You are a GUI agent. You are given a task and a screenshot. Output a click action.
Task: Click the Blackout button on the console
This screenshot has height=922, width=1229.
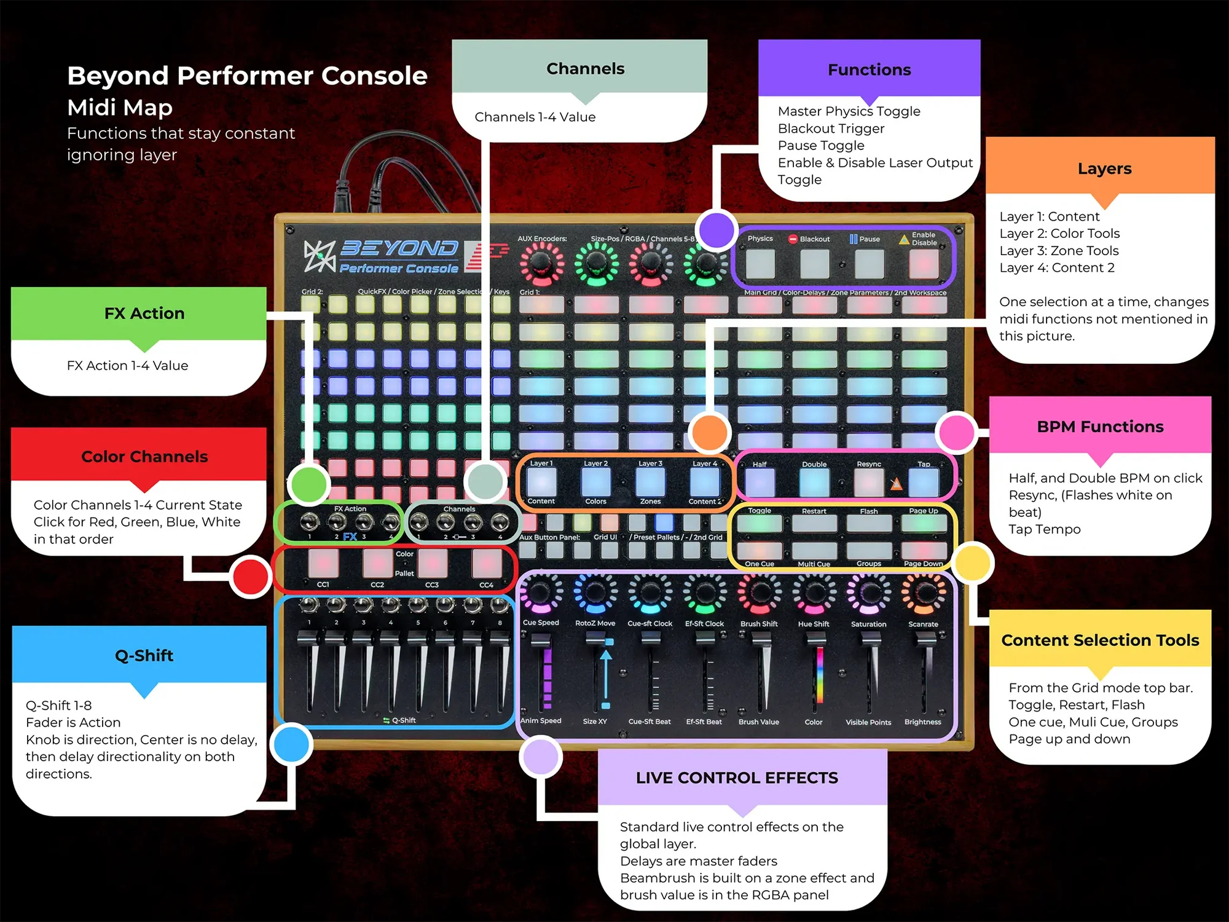pos(815,264)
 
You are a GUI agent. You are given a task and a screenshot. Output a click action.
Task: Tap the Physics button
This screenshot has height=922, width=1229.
pos(760,264)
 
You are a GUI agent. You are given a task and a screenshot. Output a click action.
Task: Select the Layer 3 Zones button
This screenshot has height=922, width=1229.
pos(650,483)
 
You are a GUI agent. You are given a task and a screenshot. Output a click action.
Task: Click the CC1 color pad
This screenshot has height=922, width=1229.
pos(323,562)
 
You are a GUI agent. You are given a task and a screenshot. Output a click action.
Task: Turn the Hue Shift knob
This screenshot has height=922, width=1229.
pos(814,594)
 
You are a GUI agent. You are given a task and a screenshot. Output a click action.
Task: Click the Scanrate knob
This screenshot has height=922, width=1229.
pos(923,594)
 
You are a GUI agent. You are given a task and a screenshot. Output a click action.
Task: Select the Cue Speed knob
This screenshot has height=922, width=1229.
pos(541,594)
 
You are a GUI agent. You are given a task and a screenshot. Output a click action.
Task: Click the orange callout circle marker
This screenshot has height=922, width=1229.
pos(710,432)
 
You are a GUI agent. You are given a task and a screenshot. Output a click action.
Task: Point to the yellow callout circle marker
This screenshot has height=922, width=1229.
pos(973,562)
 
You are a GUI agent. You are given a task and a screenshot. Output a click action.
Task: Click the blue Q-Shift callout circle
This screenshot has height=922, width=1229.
pos(291,744)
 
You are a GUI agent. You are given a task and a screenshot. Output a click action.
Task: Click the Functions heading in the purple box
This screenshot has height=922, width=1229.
pos(869,69)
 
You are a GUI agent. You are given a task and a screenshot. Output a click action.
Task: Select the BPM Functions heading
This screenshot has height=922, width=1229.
pos(1100,427)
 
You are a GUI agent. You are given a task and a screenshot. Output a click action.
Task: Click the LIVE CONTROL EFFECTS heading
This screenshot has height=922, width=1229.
pos(737,778)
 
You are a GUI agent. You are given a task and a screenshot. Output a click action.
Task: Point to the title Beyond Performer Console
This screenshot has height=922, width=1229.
pos(247,76)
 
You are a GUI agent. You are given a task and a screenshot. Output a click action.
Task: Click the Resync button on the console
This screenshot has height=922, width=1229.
pos(869,483)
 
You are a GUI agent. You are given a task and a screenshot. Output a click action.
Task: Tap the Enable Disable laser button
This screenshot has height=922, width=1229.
pos(924,264)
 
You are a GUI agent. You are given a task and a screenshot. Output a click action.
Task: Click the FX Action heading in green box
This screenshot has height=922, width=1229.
pos(144,313)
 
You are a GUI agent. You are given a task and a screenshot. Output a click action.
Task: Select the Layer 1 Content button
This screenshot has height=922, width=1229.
pos(541,483)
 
